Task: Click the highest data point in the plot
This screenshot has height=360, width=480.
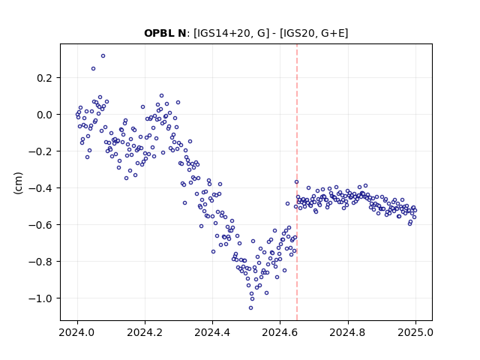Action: [103, 56]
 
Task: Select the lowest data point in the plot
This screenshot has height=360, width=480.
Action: [250, 308]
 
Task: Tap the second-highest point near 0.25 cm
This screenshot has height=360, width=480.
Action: [93, 68]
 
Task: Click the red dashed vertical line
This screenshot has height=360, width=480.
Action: [297, 182]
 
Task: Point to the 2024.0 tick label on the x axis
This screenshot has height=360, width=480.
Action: [77, 332]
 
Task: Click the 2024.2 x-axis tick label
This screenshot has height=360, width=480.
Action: [145, 332]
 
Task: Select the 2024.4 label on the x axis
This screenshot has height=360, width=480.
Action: [212, 332]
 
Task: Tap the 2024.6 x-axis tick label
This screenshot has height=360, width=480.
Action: [280, 332]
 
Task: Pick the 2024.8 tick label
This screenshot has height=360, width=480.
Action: [348, 332]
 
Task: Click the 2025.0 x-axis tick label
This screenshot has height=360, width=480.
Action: [415, 332]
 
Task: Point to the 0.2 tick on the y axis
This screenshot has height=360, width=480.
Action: [45, 78]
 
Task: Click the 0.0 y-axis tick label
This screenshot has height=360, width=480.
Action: [45, 115]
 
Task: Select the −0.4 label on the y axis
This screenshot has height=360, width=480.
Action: [40, 188]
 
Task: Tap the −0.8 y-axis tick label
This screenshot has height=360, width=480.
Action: [40, 262]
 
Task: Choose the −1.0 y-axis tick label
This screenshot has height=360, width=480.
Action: [40, 298]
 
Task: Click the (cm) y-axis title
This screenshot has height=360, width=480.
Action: [18, 183]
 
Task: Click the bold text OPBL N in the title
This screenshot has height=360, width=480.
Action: [165, 33]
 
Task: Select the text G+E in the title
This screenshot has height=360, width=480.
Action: [332, 33]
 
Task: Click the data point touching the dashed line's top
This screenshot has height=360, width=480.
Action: [296, 181]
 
